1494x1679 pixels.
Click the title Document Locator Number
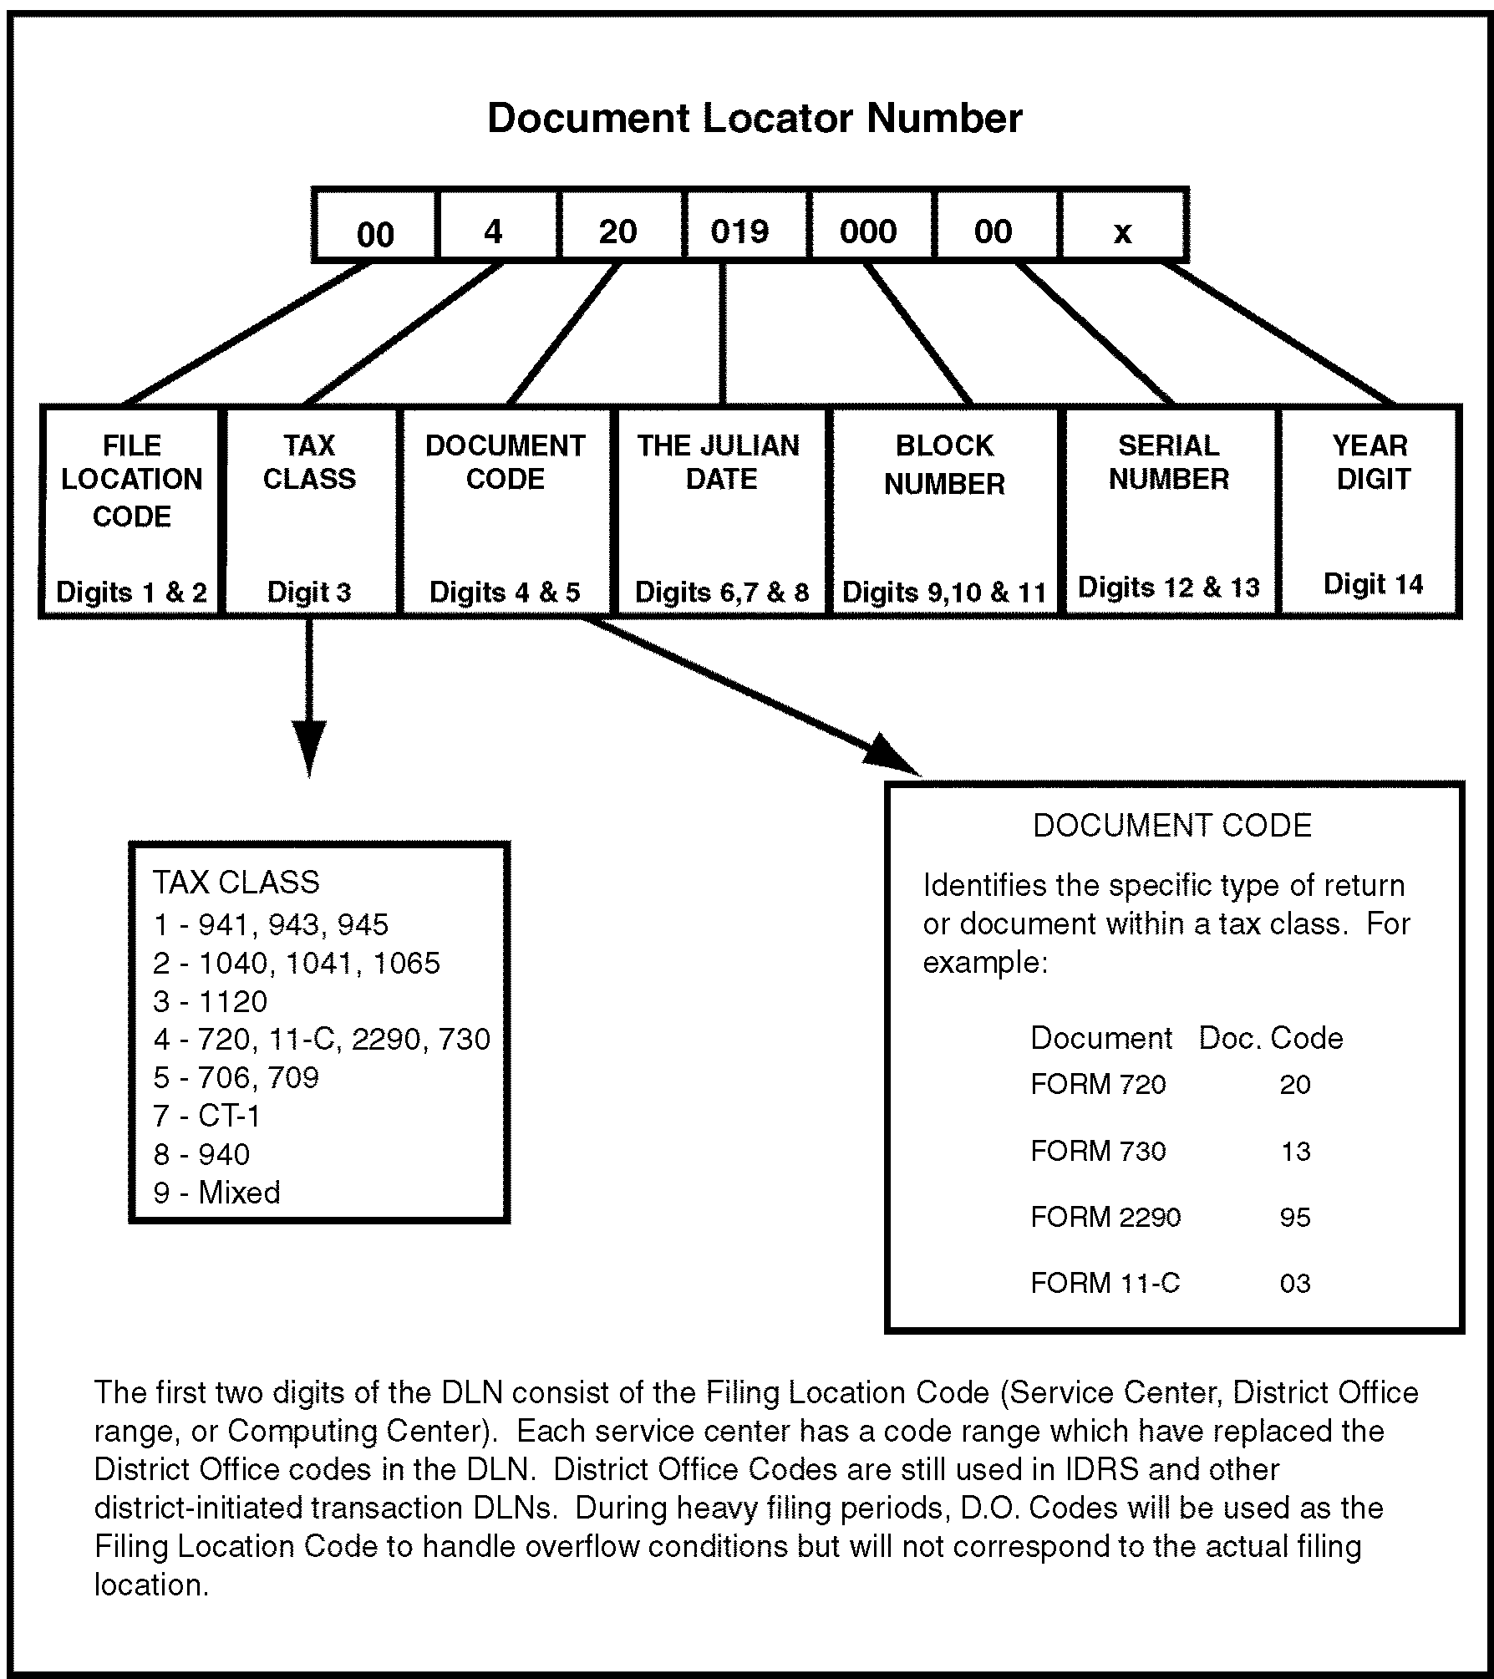point(754,118)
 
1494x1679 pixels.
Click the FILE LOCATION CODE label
point(132,481)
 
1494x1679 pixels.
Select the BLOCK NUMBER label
point(944,465)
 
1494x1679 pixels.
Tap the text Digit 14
point(1373,583)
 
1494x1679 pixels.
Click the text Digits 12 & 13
point(1168,587)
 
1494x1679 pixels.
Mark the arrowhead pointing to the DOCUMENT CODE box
point(890,755)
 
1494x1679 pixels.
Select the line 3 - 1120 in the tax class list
point(211,1001)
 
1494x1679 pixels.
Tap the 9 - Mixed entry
point(217,1193)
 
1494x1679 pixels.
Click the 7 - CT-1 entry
point(207,1116)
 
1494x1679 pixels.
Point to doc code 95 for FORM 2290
point(1295,1217)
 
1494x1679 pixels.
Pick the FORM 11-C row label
point(1105,1283)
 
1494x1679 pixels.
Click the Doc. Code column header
point(1270,1038)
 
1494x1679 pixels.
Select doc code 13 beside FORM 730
point(1295,1152)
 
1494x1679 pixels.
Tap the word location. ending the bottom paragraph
point(151,1585)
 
